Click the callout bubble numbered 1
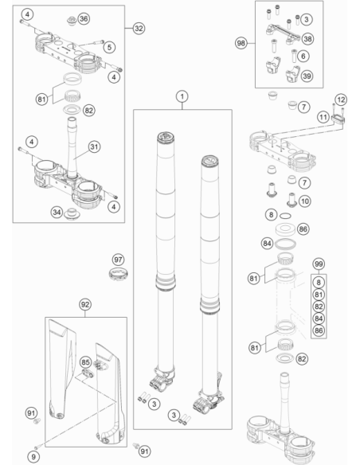pos(182,96)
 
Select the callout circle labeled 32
pos(139,28)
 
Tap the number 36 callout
pos(84,19)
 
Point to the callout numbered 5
pos(109,47)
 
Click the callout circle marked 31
pos(94,147)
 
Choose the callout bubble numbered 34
pos(57,212)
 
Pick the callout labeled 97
pos(118,260)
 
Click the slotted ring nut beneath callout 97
pos(119,273)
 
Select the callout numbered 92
pos(85,305)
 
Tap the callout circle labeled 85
pos(85,362)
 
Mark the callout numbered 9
pos(33,457)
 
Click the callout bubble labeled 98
pos(241,43)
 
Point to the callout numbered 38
pos(307,39)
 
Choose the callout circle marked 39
pos(307,76)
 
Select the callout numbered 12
pos(341,100)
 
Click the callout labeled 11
pos(323,117)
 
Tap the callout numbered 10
pos(305,201)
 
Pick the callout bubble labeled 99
pos(319,264)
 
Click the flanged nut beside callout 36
pos(72,21)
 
